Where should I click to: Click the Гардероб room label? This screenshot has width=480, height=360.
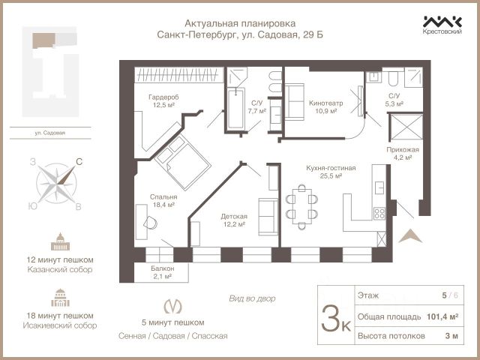click(x=163, y=97)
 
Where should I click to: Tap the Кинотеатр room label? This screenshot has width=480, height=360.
click(x=325, y=103)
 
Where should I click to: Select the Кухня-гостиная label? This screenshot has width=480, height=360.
click(x=331, y=168)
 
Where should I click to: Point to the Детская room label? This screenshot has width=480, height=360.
click(x=234, y=217)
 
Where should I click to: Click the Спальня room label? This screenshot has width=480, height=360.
click(x=163, y=196)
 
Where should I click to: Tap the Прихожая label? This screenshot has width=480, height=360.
click(x=403, y=150)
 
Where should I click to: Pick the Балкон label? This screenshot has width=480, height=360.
click(x=163, y=268)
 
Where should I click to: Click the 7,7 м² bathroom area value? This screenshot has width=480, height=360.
click(x=256, y=111)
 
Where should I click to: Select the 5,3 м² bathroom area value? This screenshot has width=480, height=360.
click(x=394, y=104)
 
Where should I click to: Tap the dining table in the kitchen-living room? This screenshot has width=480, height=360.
click(x=301, y=207)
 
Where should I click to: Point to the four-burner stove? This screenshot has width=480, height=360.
click(x=379, y=213)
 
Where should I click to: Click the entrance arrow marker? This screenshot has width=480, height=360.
click(x=410, y=236)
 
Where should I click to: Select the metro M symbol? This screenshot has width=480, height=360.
click(x=172, y=306)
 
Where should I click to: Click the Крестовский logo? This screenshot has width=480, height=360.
click(x=442, y=25)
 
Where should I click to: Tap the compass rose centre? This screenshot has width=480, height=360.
click(x=56, y=184)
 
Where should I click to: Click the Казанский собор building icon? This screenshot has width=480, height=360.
click(x=60, y=241)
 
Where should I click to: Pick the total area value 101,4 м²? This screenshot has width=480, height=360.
click(x=442, y=316)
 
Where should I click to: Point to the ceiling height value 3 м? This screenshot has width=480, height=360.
click(x=451, y=336)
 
